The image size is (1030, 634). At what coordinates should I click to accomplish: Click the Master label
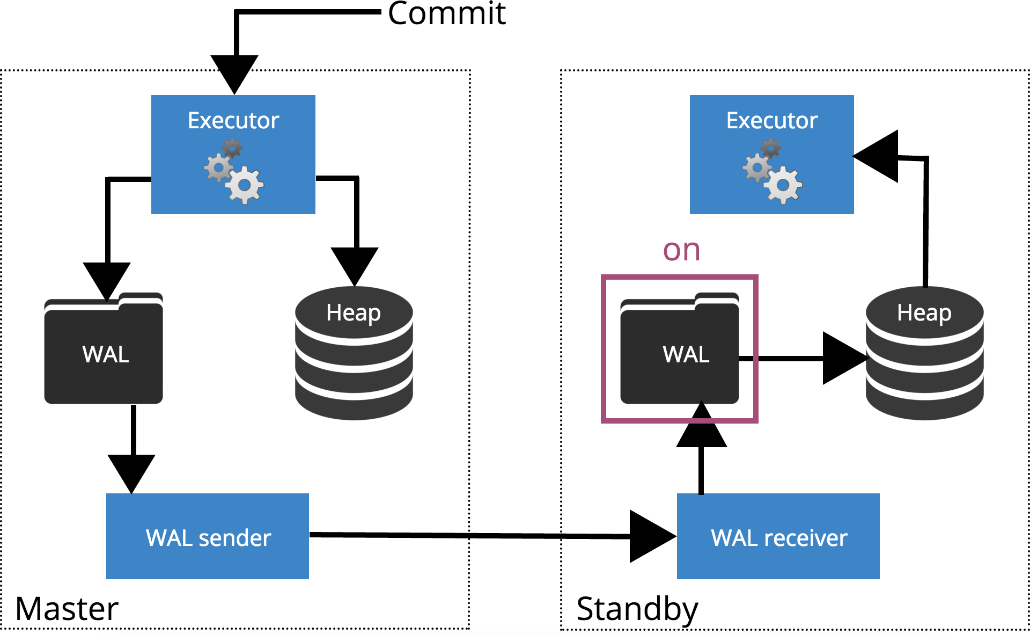point(67,609)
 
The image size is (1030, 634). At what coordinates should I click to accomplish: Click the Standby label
point(637,610)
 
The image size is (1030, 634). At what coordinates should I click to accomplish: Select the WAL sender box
point(208,536)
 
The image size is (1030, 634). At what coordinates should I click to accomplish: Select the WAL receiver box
point(778,536)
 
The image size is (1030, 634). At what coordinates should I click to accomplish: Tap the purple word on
point(681,250)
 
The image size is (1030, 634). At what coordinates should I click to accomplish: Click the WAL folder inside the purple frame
point(679,350)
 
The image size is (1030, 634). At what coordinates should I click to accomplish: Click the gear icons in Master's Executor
point(234,172)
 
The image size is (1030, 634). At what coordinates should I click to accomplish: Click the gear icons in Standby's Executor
point(773,172)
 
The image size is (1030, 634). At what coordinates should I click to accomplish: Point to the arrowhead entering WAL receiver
point(651,536)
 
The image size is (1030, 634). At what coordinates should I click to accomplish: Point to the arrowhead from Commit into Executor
point(234,72)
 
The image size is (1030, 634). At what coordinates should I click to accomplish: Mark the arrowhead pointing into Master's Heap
point(355,264)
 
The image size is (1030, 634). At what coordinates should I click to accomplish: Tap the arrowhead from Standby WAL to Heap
point(843,358)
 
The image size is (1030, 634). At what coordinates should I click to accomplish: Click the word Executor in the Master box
point(233,120)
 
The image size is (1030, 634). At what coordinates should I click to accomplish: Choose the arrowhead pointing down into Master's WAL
point(107,279)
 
